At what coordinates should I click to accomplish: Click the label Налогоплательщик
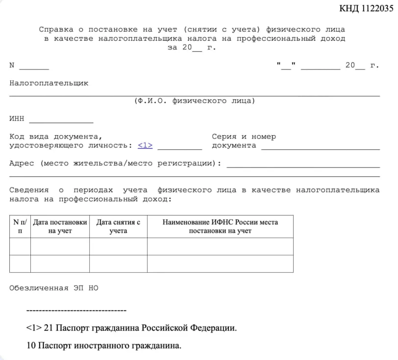(49, 83)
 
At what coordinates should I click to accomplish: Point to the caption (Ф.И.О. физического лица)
(195, 101)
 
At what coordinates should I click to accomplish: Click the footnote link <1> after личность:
(145, 145)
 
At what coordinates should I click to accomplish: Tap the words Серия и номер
(244, 137)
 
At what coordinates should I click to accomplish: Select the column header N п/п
(20, 226)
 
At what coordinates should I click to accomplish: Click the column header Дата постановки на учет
(60, 226)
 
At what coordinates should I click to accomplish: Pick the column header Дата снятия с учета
(118, 226)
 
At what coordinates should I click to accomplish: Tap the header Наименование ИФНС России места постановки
(220, 226)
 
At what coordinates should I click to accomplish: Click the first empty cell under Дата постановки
(60, 246)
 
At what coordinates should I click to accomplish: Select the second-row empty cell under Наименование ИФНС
(220, 264)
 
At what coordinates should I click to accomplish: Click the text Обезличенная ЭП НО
(53, 288)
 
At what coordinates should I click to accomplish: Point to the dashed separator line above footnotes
(76, 311)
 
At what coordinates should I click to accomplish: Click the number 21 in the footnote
(48, 328)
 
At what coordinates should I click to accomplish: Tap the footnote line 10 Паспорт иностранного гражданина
(104, 346)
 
